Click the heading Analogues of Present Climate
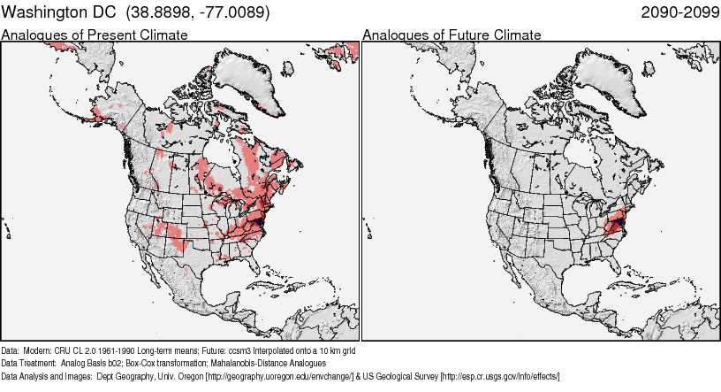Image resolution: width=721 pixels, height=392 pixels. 95,35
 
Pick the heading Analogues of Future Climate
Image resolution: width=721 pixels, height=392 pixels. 452,35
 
